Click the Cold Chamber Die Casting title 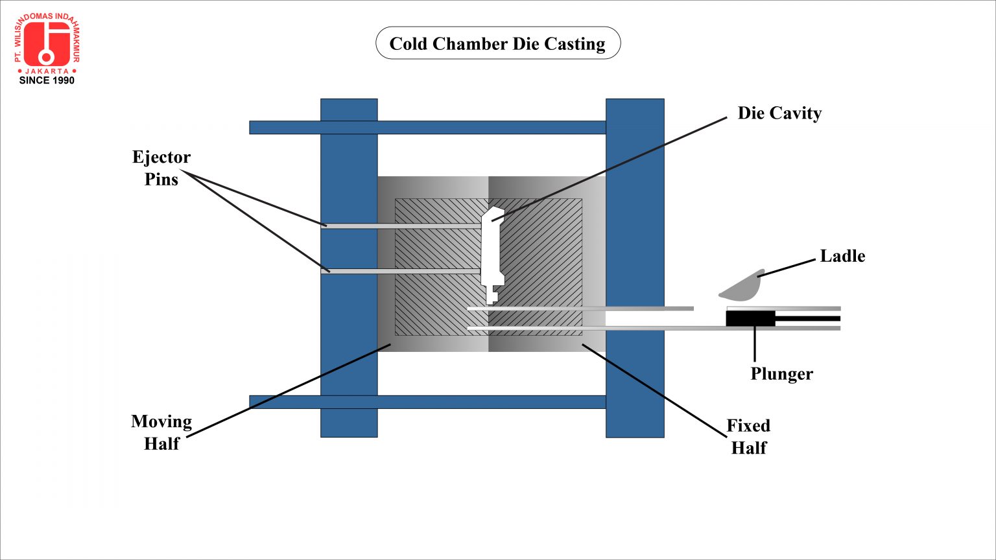[x=497, y=43]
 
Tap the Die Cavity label [x=779, y=113]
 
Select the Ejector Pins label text [x=161, y=168]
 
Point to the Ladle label [x=842, y=256]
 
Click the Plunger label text [x=781, y=374]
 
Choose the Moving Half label [x=161, y=432]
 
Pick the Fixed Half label [x=748, y=436]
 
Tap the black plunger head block [x=750, y=319]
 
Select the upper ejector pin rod [x=402, y=226]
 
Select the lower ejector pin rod [x=402, y=270]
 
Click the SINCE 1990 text [x=47, y=80]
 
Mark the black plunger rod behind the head [x=807, y=319]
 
